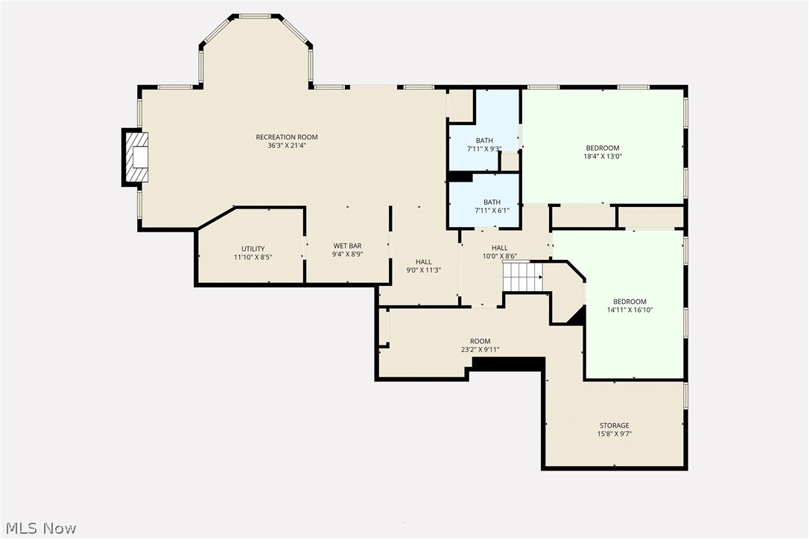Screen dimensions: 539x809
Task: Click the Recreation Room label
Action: pos(287,137)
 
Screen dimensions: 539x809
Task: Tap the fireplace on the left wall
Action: pos(135,157)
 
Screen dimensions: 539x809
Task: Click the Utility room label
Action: pos(253,249)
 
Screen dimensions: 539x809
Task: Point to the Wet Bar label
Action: pos(347,246)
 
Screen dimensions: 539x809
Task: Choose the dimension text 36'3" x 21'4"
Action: pos(287,146)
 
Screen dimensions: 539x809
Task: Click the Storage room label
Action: pos(615,426)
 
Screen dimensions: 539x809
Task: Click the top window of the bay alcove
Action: pos(255,16)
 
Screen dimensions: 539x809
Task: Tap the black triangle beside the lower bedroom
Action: pos(577,316)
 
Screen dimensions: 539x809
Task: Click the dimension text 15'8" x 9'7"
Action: pos(615,434)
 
